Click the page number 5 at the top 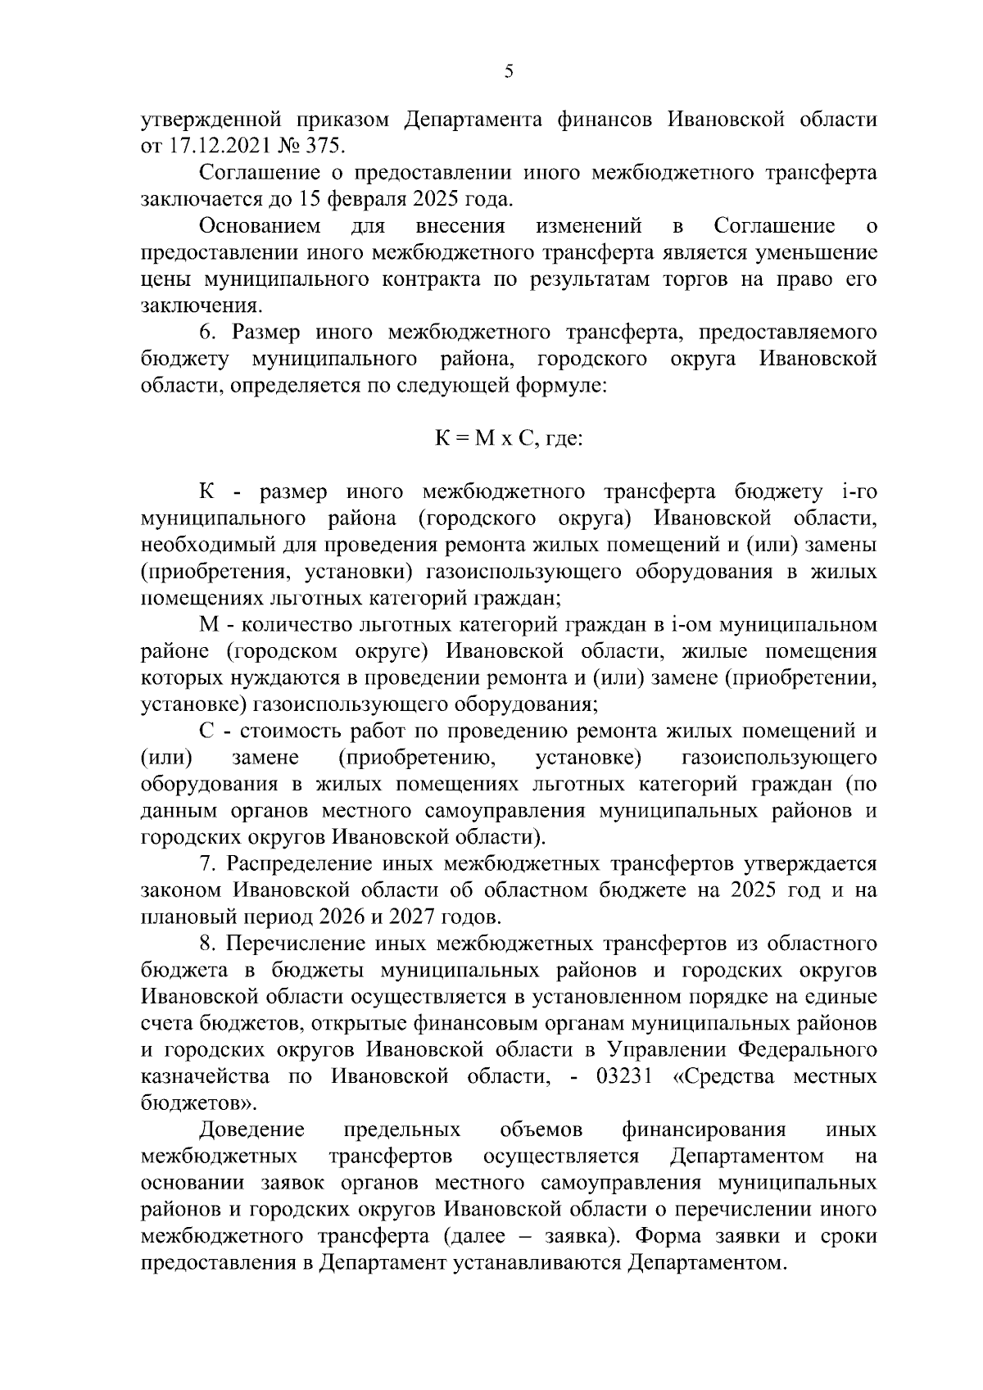pyautogui.click(x=509, y=72)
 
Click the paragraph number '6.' pyautogui.click(x=208, y=333)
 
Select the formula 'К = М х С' pyautogui.click(x=483, y=438)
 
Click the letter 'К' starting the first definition pyautogui.click(x=207, y=492)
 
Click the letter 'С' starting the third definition pyautogui.click(x=207, y=731)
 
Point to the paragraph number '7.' pyautogui.click(x=208, y=865)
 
